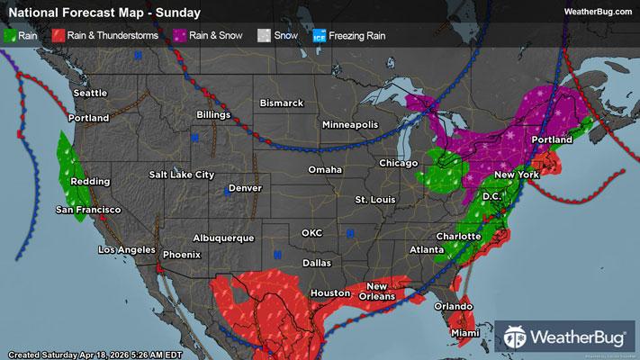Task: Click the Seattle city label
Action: [x=90, y=94]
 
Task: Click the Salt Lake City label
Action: [x=182, y=174]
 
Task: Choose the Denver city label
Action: [x=245, y=188]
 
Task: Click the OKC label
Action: [x=311, y=233]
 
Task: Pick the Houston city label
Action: [x=329, y=293]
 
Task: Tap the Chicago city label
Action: [x=399, y=164]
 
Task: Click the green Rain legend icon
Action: [x=11, y=36]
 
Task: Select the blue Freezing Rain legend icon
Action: [x=319, y=36]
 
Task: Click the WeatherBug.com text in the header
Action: [x=597, y=12]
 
